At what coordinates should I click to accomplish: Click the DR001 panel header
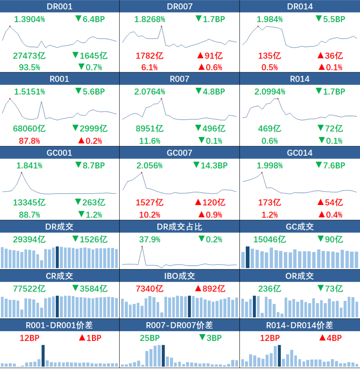coord(60,6)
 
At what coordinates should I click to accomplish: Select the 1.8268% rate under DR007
coord(150,19)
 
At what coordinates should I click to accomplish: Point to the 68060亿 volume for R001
coord(29,128)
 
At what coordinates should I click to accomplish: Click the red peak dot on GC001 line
coord(21,173)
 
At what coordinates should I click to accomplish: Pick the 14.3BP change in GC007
coord(210,165)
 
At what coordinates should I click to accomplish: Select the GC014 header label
coord(300,153)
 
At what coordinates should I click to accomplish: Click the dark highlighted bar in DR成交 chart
coord(57,257)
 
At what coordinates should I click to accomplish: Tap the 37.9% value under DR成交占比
coord(150,239)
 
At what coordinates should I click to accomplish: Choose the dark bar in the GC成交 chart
coord(248,257)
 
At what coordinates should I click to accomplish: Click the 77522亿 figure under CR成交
coord(29,289)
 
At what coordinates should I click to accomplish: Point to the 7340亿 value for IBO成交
coord(150,289)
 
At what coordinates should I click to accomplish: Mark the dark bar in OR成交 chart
coord(255,306)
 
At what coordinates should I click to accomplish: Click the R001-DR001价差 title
coord(59,325)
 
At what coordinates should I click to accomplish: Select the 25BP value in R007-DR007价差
coord(150,338)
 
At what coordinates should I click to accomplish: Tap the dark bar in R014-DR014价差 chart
coord(279,356)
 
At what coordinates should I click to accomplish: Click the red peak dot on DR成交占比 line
coord(142,247)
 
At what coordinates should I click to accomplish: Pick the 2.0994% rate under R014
coord(270,92)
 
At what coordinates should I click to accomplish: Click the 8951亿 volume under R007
coord(150,128)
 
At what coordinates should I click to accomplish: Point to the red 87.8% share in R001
coord(29,141)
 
